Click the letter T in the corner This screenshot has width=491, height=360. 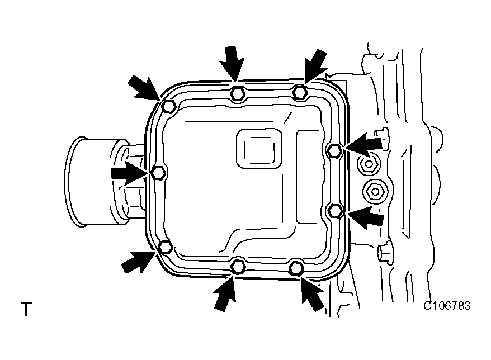point(26,309)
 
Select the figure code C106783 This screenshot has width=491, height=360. point(446,306)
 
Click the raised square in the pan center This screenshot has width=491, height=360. point(258,148)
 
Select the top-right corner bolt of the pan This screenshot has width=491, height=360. point(300,92)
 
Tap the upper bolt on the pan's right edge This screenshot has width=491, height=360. point(334,150)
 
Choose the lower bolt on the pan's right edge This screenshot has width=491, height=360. point(334,210)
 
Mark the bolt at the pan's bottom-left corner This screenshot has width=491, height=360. point(166,247)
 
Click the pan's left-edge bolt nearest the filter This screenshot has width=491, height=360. point(158,172)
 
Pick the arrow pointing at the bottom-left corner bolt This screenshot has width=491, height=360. point(138,261)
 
